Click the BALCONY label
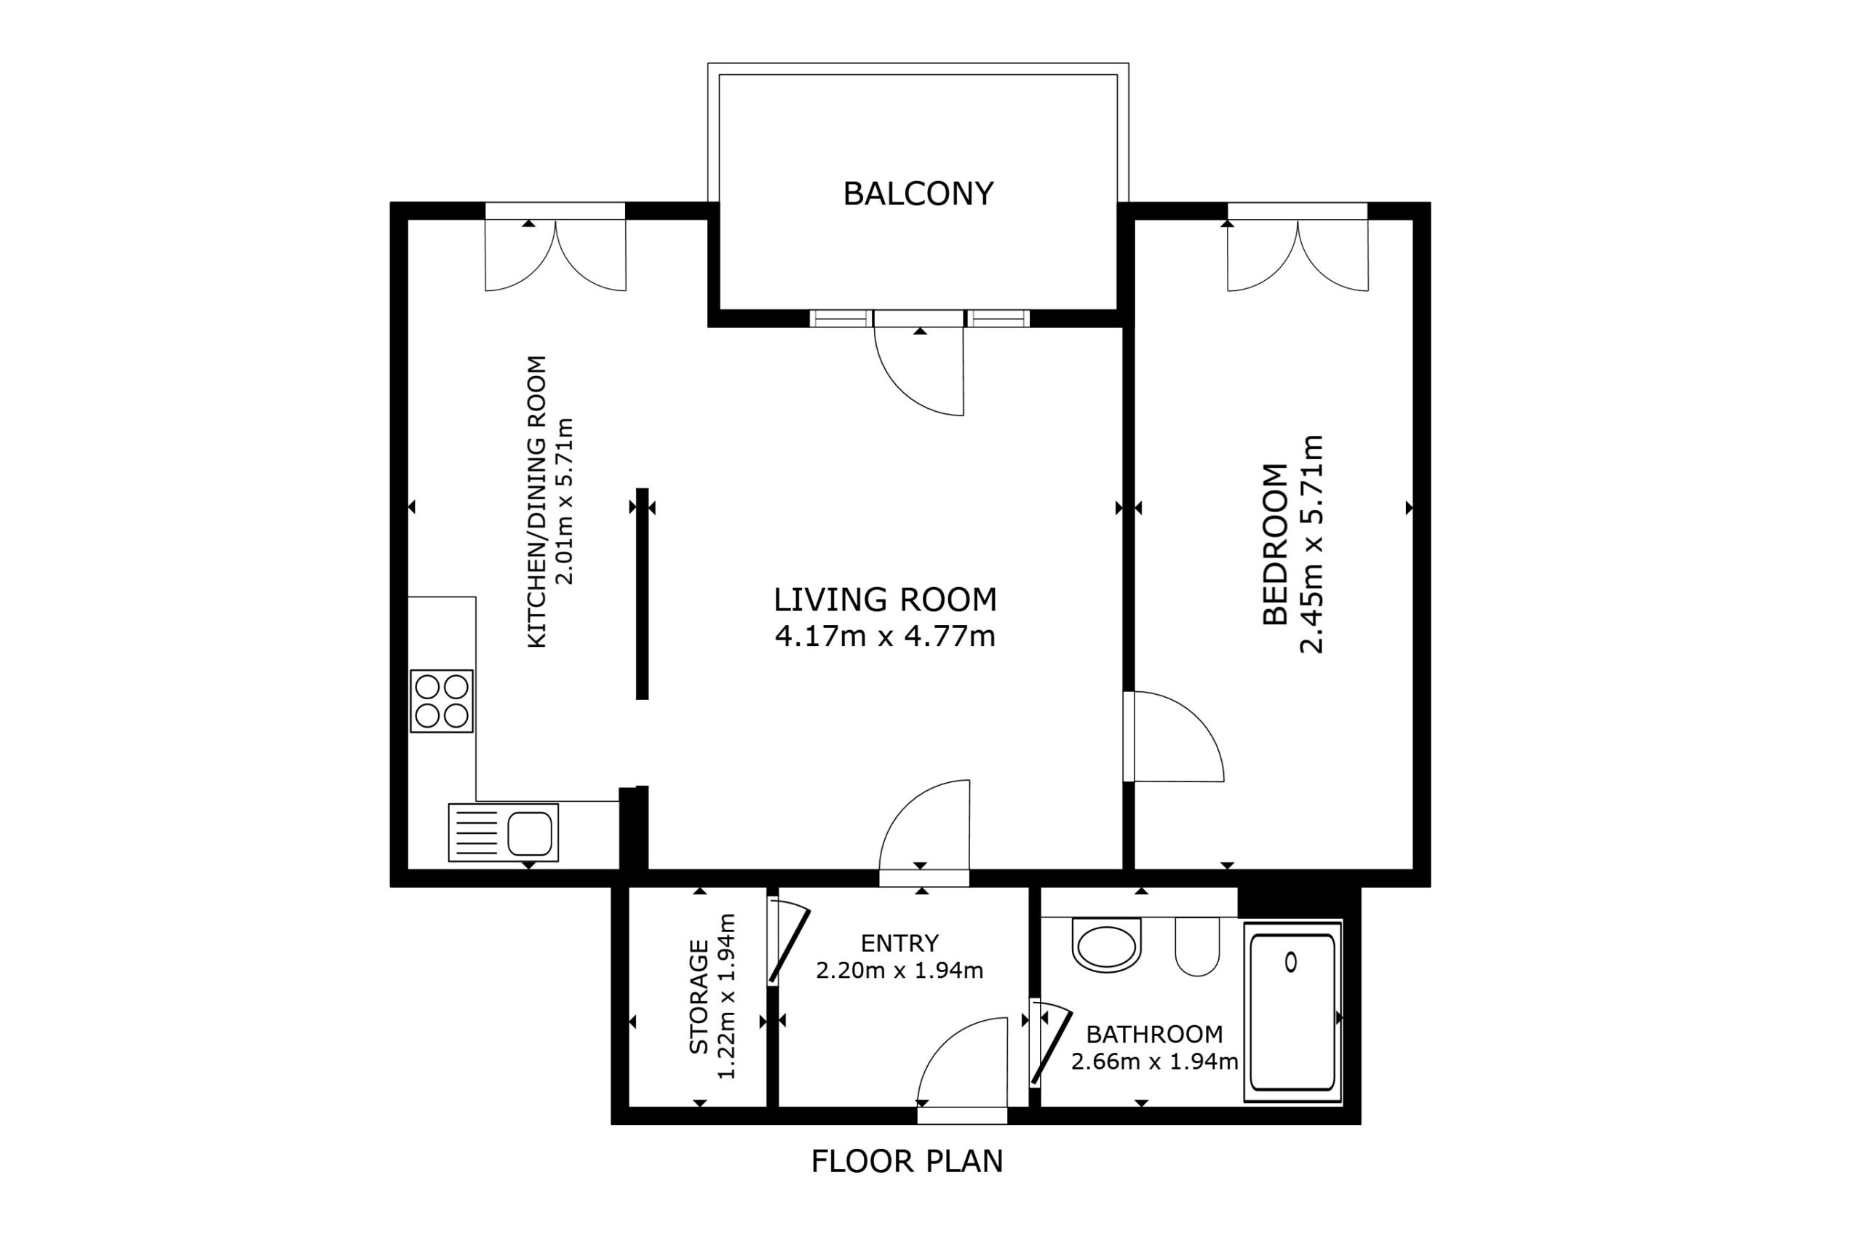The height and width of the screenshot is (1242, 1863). (918, 194)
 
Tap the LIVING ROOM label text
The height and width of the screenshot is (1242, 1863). (885, 600)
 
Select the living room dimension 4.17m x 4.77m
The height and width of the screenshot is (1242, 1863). (885, 636)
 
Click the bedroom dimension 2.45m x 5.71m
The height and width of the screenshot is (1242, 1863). (1311, 544)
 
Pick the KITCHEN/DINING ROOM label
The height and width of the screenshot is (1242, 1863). (537, 502)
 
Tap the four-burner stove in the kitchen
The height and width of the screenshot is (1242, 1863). (441, 701)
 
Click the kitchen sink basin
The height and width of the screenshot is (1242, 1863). (530, 833)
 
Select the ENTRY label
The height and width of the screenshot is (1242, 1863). (899, 944)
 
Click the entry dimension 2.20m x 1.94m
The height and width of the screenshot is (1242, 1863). (899, 971)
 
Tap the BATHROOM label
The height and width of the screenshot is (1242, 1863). (1154, 1035)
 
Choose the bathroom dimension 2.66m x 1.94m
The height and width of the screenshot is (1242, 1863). (1154, 1062)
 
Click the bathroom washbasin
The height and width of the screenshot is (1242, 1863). (1107, 946)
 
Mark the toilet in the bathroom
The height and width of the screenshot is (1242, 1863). (1197, 947)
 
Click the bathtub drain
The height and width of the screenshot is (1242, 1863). (1291, 963)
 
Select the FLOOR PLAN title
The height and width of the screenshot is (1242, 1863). (907, 1162)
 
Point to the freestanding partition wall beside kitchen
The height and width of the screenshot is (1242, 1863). (643, 594)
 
